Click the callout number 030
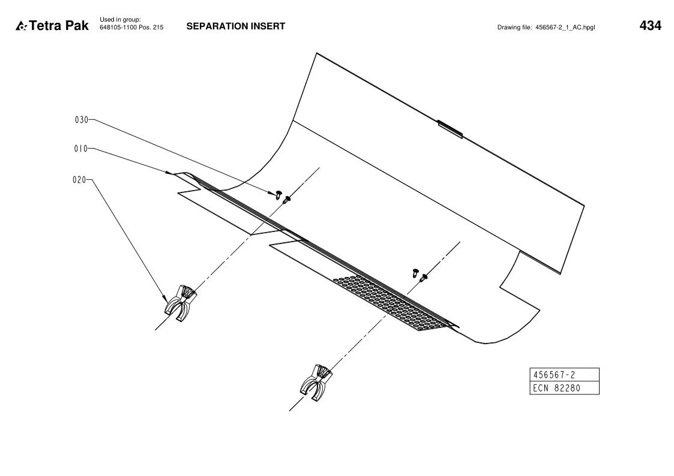point(81,120)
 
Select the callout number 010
point(80,149)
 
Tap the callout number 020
point(79,180)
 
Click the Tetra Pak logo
point(52,26)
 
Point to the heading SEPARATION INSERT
point(235,26)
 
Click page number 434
point(651,26)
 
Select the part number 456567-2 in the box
point(554,375)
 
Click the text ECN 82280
point(556,388)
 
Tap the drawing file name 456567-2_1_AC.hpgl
point(565,28)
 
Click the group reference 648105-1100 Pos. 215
point(131,28)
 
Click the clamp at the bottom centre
point(316,382)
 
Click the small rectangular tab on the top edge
point(450,129)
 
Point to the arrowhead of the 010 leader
point(169,173)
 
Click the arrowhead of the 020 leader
point(164,298)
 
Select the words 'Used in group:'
point(121,20)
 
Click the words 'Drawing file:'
point(514,28)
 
